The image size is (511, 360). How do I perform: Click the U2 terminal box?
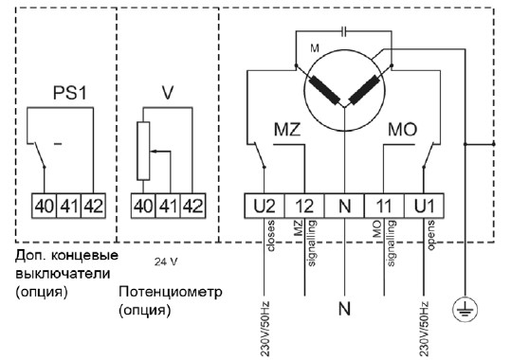[265, 206]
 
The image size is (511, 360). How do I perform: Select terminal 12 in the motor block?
[304, 206]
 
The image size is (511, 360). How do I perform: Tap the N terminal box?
[344, 206]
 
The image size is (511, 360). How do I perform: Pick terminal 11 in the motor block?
[384, 206]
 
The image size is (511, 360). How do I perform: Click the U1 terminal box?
[424, 206]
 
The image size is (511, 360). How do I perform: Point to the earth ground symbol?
[465, 309]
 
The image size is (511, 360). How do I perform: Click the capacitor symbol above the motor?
[343, 31]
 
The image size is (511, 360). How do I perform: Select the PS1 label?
[70, 93]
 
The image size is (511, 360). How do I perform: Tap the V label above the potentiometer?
[168, 93]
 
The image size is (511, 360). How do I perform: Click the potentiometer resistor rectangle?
[143, 151]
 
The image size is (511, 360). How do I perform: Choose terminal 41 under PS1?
[69, 206]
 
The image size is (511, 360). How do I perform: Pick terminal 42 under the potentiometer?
[193, 206]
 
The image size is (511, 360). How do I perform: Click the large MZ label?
[287, 130]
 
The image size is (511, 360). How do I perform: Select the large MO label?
[402, 130]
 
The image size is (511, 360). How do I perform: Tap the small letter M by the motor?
[315, 48]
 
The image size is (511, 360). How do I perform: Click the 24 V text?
[166, 261]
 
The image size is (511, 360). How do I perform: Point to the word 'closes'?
[270, 236]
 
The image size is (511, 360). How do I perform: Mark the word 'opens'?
[430, 235]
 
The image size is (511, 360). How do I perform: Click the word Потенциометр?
[170, 292]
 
